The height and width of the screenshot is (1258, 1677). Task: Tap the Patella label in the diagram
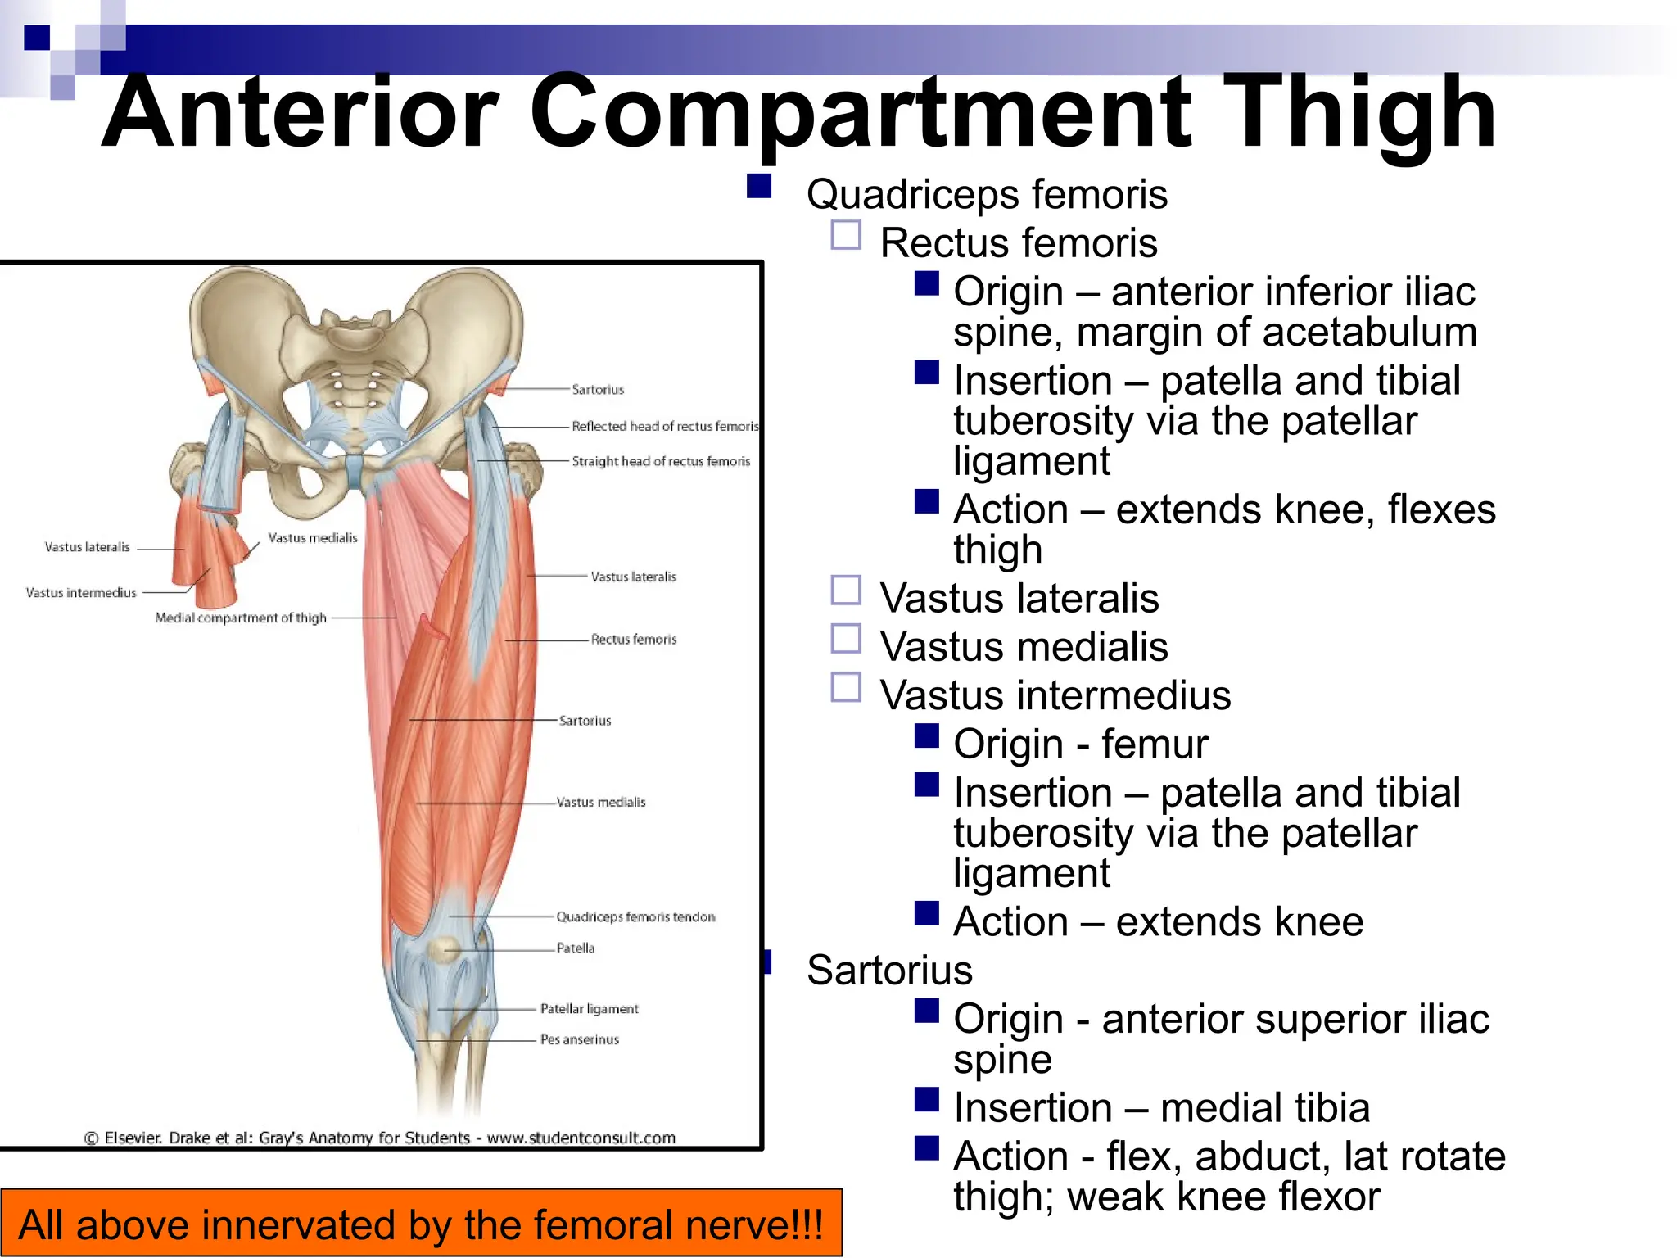click(576, 948)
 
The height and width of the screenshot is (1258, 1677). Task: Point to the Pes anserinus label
click(580, 1039)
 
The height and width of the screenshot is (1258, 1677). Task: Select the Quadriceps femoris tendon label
click(635, 916)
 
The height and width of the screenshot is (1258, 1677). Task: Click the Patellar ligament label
click(589, 1008)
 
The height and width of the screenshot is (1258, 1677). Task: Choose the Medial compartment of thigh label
click(241, 618)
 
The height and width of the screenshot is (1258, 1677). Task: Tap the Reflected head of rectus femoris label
click(665, 426)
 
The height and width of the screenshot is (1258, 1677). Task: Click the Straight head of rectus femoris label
click(661, 461)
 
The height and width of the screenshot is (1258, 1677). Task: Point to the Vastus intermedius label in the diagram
click(81, 592)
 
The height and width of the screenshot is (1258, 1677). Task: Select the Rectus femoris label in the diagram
click(634, 639)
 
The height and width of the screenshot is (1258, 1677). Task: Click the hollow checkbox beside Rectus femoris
click(846, 235)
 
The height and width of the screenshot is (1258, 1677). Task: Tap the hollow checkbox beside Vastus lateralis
click(846, 590)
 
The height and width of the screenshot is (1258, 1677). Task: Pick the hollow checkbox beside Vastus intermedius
click(846, 687)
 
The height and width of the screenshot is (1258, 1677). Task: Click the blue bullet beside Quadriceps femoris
click(759, 186)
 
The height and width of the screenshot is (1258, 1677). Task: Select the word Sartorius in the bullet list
click(889, 971)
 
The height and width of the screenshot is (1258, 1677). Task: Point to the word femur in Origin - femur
click(1155, 744)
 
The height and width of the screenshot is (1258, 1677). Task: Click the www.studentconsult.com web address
click(581, 1138)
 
